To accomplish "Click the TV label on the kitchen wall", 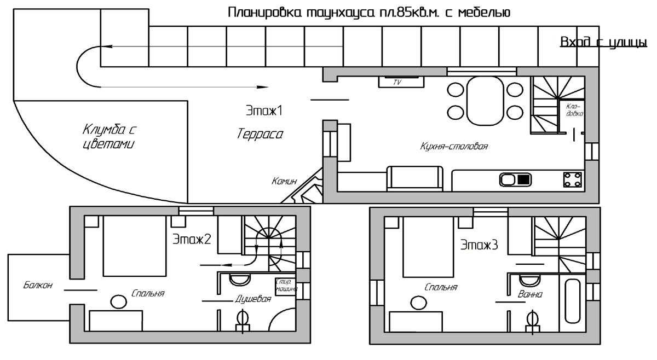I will tap(398, 83).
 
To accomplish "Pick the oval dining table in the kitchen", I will tap(485, 100).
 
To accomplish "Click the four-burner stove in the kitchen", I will tap(573, 179).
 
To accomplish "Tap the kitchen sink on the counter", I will tap(515, 179).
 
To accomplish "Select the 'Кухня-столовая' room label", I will tap(454, 147).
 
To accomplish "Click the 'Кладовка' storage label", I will tap(574, 110).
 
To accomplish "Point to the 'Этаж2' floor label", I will tap(192, 239).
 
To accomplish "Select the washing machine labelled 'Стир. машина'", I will tap(286, 287).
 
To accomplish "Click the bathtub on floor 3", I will tap(573, 301).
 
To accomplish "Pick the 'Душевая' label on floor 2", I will tap(253, 299).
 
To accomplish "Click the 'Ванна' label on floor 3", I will tap(530, 294).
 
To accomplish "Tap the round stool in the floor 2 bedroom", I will tap(118, 301).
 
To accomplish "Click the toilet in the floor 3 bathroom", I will tap(532, 320).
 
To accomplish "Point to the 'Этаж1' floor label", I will tap(264, 111).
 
